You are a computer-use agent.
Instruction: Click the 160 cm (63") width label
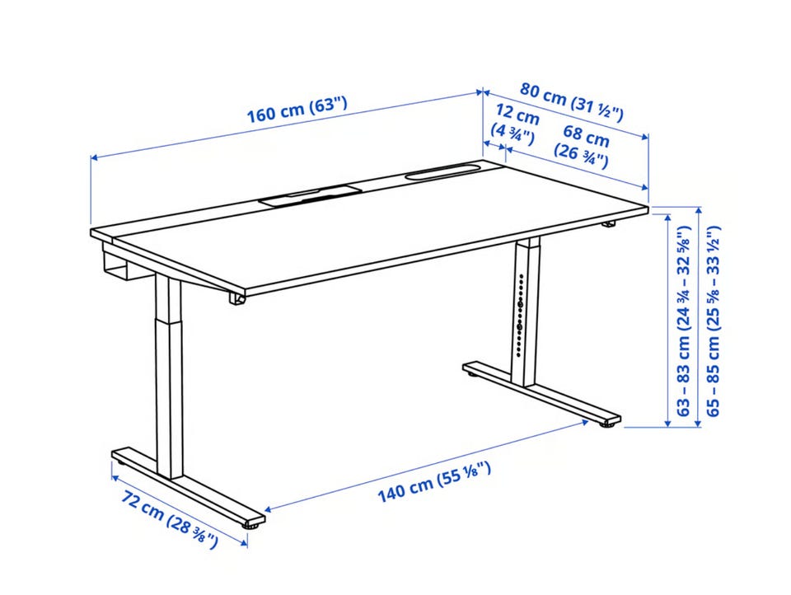click(297, 110)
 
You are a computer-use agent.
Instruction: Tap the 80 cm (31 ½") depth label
click(572, 102)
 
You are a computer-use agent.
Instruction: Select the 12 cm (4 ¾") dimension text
click(514, 125)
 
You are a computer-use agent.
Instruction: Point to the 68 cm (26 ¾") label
click(583, 147)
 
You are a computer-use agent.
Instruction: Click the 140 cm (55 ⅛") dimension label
click(434, 482)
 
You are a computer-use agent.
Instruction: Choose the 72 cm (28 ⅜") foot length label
click(170, 520)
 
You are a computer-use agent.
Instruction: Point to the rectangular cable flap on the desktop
click(311, 194)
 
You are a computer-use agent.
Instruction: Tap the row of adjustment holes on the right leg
click(520, 315)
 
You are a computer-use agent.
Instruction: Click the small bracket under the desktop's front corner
click(236, 299)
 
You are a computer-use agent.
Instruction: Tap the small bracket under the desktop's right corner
click(609, 223)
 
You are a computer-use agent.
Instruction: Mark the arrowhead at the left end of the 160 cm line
click(94, 158)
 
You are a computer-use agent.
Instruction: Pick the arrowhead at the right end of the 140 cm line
click(585, 421)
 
